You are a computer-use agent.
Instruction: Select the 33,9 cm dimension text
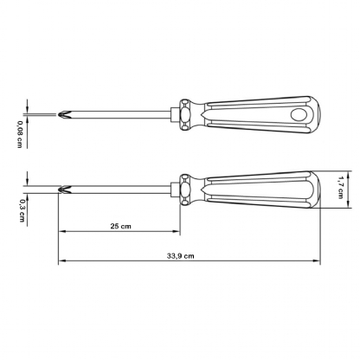tap(181, 255)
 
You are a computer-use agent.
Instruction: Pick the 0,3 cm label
tap(18, 209)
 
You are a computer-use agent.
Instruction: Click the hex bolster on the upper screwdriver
tap(185, 113)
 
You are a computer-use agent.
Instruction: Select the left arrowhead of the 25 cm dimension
tap(61, 233)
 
